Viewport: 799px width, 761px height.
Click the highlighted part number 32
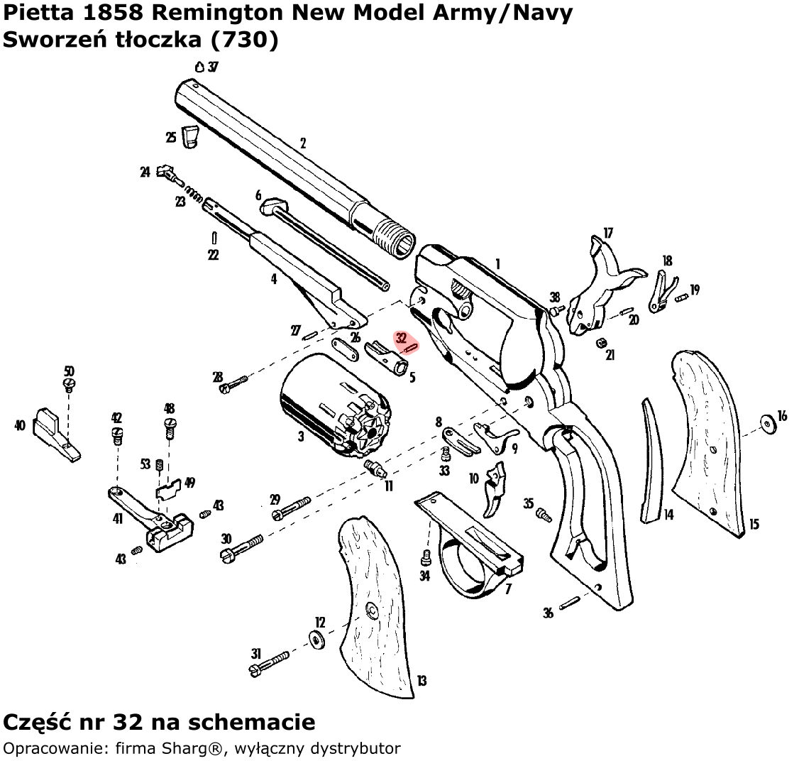(x=402, y=338)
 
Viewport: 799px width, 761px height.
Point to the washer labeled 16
(x=768, y=424)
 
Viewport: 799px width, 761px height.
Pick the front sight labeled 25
(x=190, y=137)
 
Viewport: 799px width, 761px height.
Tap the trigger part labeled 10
(x=495, y=489)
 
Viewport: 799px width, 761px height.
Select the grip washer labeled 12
(x=316, y=638)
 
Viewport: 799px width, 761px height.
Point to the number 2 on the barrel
(x=303, y=144)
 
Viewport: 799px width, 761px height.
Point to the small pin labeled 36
(x=570, y=604)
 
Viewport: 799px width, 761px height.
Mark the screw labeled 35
(x=544, y=513)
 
